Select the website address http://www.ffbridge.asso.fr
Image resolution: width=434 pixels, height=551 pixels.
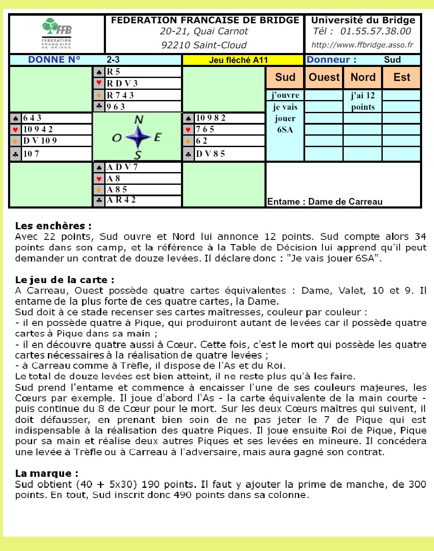click(x=362, y=45)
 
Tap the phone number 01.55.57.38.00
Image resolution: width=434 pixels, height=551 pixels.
click(x=376, y=31)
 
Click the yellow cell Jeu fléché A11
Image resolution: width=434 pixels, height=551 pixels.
click(x=239, y=60)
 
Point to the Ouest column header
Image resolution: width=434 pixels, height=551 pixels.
click(x=324, y=77)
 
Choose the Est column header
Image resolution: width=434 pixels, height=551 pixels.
click(x=401, y=77)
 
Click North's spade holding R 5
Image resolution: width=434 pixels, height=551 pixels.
click(x=114, y=72)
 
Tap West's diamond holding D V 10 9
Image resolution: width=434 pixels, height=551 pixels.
click(x=40, y=140)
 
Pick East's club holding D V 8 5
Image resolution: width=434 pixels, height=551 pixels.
click(x=210, y=154)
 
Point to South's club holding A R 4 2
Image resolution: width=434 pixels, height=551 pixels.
click(x=121, y=200)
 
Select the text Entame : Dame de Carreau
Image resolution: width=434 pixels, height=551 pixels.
click(x=325, y=202)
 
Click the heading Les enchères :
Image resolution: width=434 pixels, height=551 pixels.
click(x=53, y=226)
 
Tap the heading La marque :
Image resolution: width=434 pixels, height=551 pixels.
click(x=47, y=473)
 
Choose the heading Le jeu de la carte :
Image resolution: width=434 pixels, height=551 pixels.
click(x=65, y=280)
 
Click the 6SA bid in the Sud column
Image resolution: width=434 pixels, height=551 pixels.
click(x=285, y=130)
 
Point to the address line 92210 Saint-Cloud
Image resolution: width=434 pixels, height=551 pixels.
click(x=204, y=45)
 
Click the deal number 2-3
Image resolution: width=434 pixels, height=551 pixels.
click(x=113, y=60)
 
